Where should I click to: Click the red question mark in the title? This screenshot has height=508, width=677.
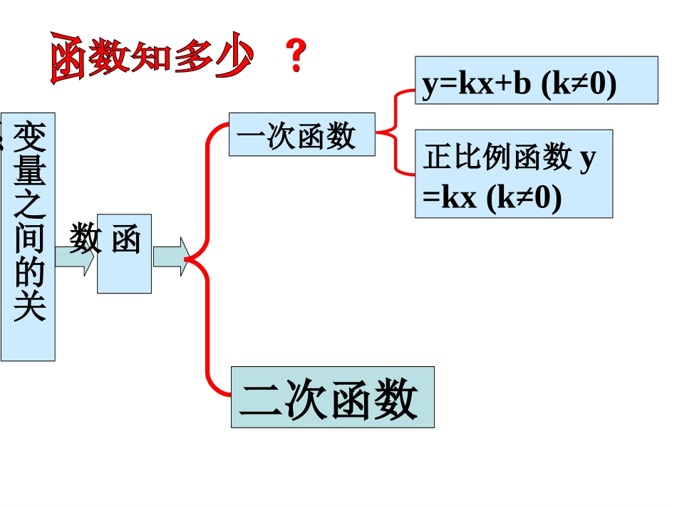(x=296, y=56)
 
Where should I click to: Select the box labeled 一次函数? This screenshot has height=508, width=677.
(x=301, y=134)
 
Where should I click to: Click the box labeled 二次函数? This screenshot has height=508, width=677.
(x=332, y=397)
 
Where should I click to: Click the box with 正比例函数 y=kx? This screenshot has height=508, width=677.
(x=513, y=173)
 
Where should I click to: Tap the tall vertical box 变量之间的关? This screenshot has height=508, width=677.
(x=29, y=236)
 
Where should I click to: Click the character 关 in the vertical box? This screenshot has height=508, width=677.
(x=30, y=307)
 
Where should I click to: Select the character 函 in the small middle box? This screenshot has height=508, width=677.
(x=125, y=240)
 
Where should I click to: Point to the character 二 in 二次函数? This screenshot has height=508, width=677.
(x=261, y=399)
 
